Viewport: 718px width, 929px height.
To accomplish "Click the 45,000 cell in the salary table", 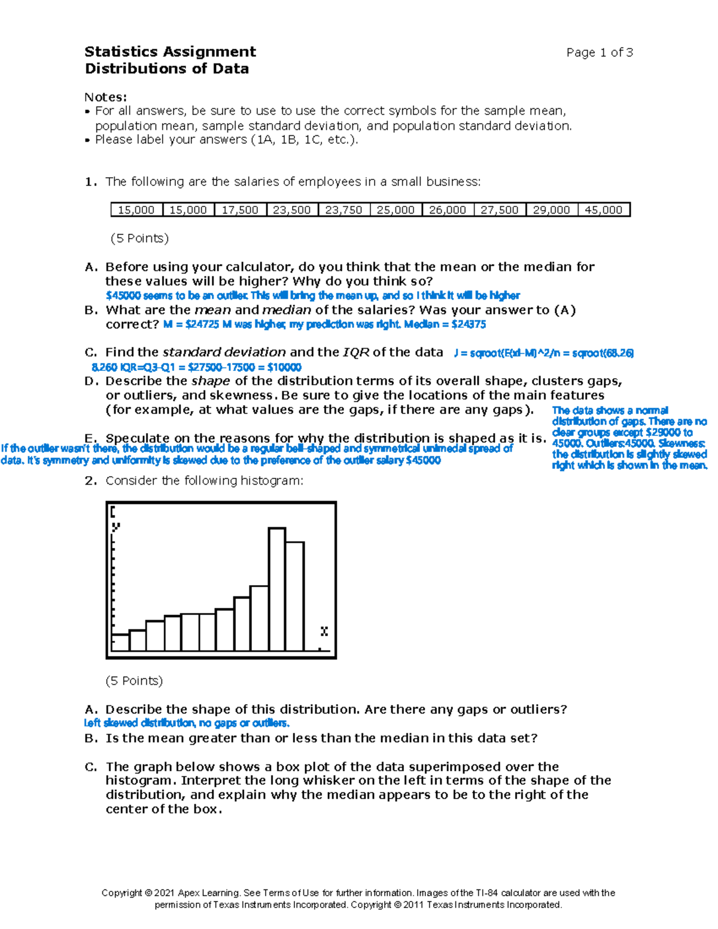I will (603, 210).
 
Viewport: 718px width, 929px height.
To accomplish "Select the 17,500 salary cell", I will (240, 210).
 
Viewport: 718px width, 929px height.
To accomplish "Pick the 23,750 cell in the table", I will (343, 210).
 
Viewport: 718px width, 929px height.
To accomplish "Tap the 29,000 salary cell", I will (551, 210).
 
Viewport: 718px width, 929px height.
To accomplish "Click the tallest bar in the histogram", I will (276, 589).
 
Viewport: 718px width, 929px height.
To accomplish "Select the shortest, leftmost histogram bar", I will (120, 642).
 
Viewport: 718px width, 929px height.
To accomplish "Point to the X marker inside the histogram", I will (324, 632).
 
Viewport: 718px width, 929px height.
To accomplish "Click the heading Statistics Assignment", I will (170, 51).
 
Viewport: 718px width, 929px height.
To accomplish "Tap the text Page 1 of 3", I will (599, 53).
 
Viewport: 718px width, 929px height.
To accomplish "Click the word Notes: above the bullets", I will (105, 97).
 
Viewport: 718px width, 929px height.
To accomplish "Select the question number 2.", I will (90, 480).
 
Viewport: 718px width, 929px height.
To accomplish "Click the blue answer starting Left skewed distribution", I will (187, 723).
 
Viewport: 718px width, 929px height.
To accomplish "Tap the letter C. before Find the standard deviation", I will (90, 352).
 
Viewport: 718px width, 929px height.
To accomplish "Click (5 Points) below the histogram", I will (134, 681).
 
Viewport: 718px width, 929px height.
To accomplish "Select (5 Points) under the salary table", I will (139, 238).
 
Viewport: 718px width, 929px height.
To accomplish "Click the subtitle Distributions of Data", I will (167, 68).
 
